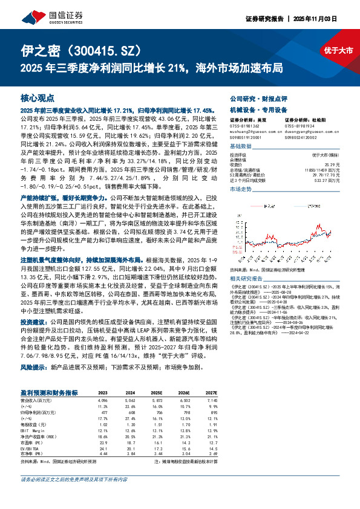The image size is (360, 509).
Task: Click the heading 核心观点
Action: [38, 97]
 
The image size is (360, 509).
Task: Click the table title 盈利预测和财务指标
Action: [48, 392]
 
